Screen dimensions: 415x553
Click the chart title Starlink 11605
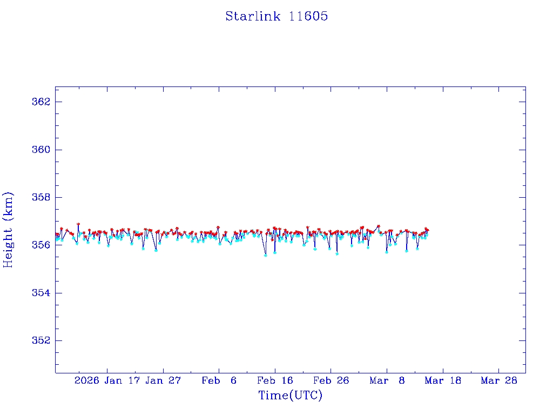pyautogui.click(x=276, y=16)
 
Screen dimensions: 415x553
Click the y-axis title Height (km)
pyautogui.click(x=8, y=230)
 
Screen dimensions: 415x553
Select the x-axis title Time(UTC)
pyautogui.click(x=291, y=396)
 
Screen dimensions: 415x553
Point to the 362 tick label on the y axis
pyautogui.click(x=42, y=102)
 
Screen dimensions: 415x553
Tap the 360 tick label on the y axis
pyautogui.click(x=42, y=150)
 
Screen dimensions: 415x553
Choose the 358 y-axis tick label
pyautogui.click(x=42, y=197)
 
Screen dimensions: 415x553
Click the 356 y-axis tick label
pyautogui.click(x=42, y=245)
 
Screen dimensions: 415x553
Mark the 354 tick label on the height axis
pyautogui.click(x=42, y=293)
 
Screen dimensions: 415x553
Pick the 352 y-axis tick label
pyautogui.click(x=42, y=340)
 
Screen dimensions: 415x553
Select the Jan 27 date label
pyautogui.click(x=163, y=380)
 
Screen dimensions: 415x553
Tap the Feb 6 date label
pyautogui.click(x=219, y=380)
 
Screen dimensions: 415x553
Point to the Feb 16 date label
pyautogui.click(x=275, y=380)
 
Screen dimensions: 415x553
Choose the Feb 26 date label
pyautogui.click(x=331, y=380)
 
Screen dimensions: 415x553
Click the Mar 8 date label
pyautogui.click(x=387, y=380)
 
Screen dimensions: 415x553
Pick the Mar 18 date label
pyautogui.click(x=443, y=380)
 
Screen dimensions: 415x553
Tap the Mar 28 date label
pyautogui.click(x=499, y=380)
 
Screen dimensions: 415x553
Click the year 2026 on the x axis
pyautogui.click(x=87, y=380)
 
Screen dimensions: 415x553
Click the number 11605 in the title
pyautogui.click(x=308, y=16)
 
